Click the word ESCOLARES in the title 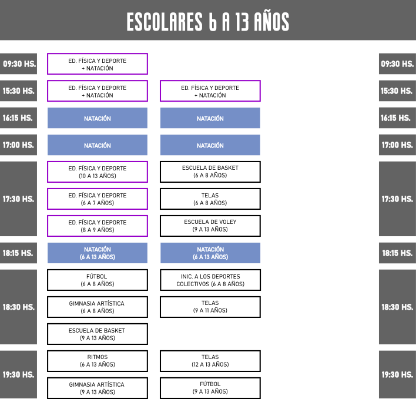165,22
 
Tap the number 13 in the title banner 241,22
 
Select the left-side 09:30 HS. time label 18,63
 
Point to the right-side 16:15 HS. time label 397,118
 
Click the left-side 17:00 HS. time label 18,145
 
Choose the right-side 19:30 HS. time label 397,374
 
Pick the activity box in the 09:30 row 98,64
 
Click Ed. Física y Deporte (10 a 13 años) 98,172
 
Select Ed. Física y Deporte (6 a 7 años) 98,199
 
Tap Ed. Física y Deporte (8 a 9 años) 98,226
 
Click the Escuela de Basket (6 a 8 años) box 210,172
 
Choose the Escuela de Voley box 210,226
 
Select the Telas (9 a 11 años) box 210,307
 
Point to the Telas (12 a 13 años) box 210,361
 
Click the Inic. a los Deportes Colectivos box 210,280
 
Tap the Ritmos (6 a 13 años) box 98,361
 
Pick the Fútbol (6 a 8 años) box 98,280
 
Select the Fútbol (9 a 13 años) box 210,388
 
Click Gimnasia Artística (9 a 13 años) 98,388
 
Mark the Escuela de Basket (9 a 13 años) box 98,334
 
